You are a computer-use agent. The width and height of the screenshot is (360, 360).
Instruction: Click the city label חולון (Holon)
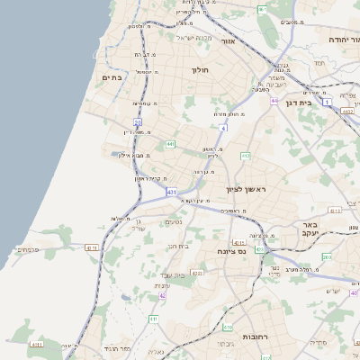point(200,69)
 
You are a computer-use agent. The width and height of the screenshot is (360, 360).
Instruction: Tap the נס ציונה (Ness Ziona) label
point(229,253)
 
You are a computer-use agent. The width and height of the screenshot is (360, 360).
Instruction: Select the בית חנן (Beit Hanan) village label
point(179,246)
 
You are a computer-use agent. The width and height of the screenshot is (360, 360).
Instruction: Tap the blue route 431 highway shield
point(171,192)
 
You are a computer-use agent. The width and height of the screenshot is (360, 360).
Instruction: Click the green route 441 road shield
point(170,143)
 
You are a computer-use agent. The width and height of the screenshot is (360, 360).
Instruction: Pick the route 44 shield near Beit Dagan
point(274,101)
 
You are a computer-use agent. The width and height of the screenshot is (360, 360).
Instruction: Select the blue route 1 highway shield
point(328,102)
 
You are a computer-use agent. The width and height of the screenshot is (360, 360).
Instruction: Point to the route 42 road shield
point(162,294)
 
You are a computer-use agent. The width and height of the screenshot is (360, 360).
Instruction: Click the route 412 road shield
point(245,156)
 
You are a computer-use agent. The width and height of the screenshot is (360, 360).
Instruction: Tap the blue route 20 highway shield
point(138,121)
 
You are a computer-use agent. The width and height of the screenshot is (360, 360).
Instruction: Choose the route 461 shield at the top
point(262,9)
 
